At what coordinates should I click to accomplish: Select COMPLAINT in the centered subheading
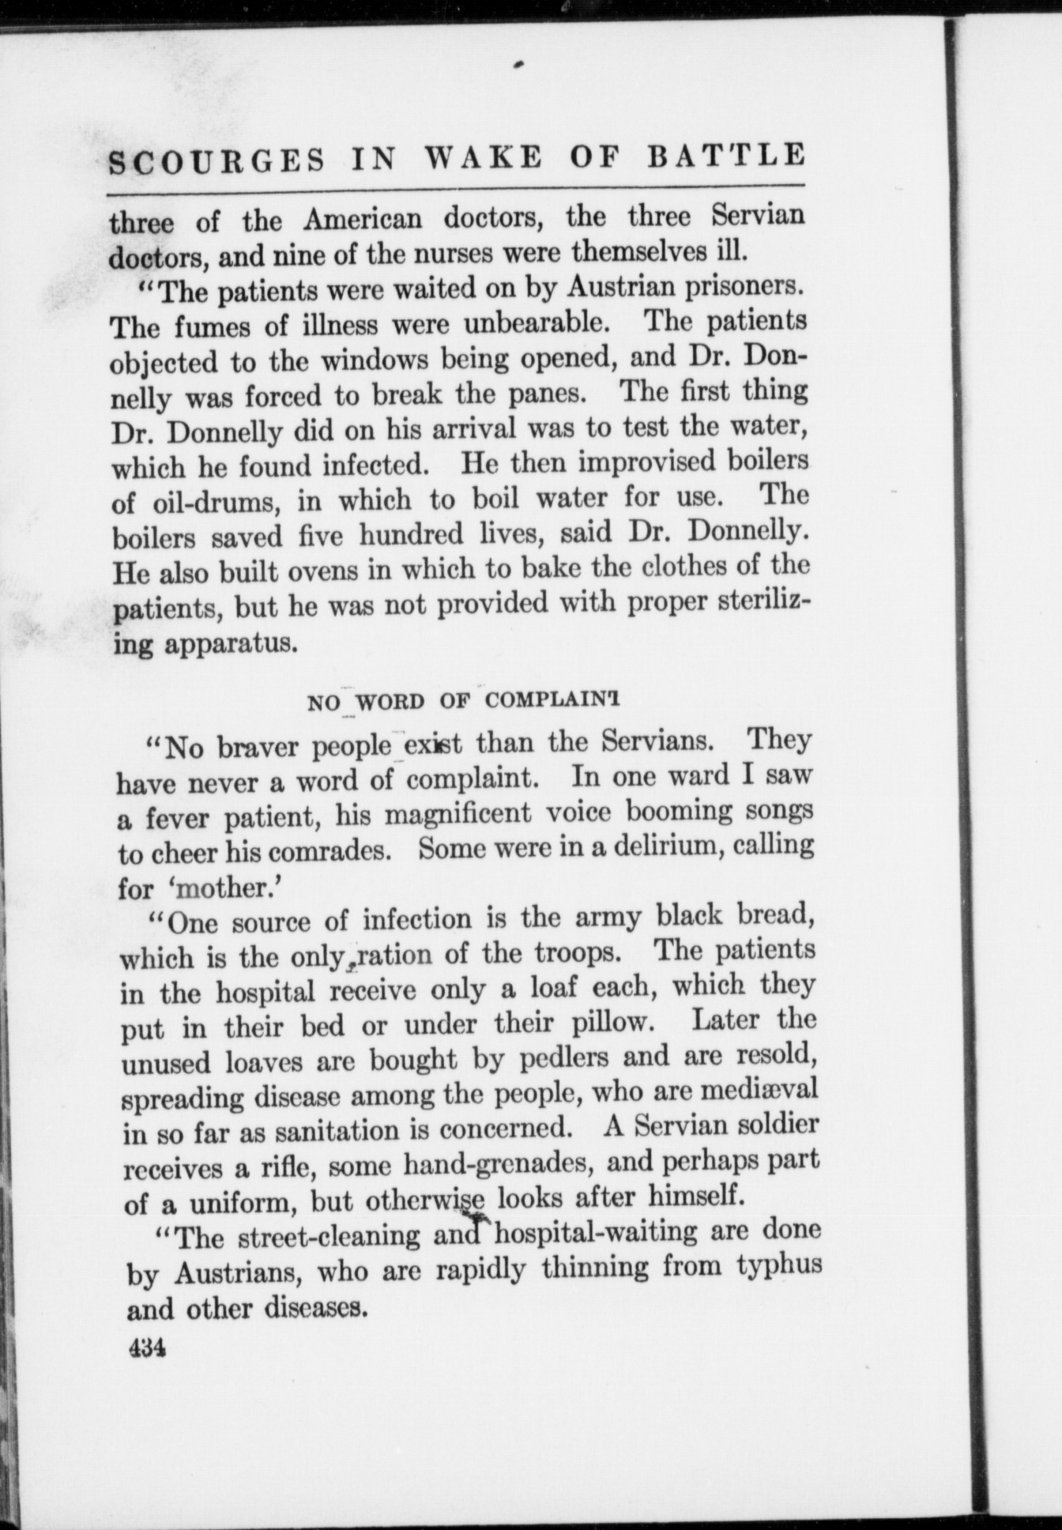pos(553,700)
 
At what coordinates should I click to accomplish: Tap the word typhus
pos(779,1267)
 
